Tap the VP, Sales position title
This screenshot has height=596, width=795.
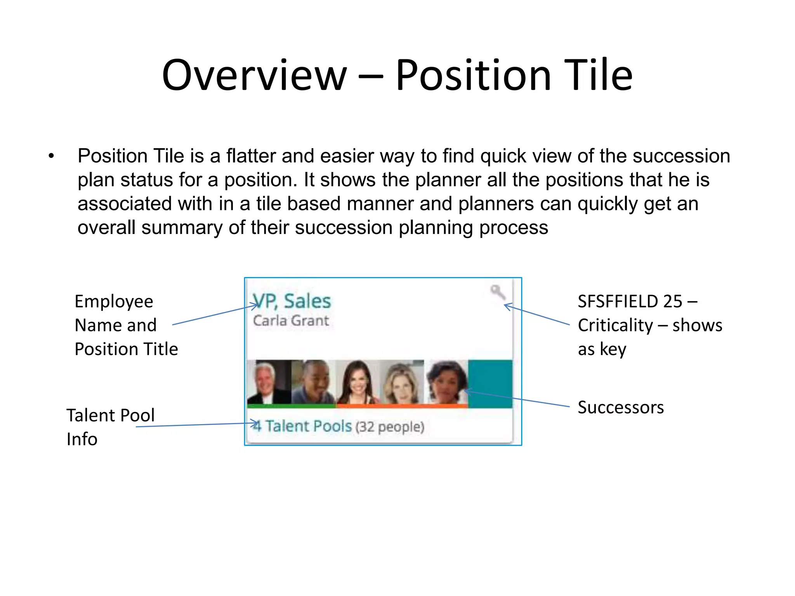tap(292, 301)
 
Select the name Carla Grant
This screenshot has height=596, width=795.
tap(291, 321)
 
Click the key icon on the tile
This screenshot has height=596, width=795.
tap(497, 292)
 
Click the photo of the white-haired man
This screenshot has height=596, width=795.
tap(269, 382)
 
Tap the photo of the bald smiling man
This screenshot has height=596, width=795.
tap(313, 382)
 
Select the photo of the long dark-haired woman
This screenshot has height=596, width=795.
tap(357, 382)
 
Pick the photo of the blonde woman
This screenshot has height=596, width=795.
tap(402, 382)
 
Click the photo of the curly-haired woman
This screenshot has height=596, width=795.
tap(446, 382)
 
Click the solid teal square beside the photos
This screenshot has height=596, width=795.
tap(490, 383)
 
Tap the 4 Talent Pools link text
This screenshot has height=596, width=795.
tap(303, 426)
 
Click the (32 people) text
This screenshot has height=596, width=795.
tap(389, 427)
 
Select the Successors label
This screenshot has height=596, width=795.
tap(620, 407)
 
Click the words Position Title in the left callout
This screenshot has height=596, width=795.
tap(126, 349)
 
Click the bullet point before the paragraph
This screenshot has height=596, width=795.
tap(51, 156)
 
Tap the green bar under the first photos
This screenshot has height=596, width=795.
tap(291, 406)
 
